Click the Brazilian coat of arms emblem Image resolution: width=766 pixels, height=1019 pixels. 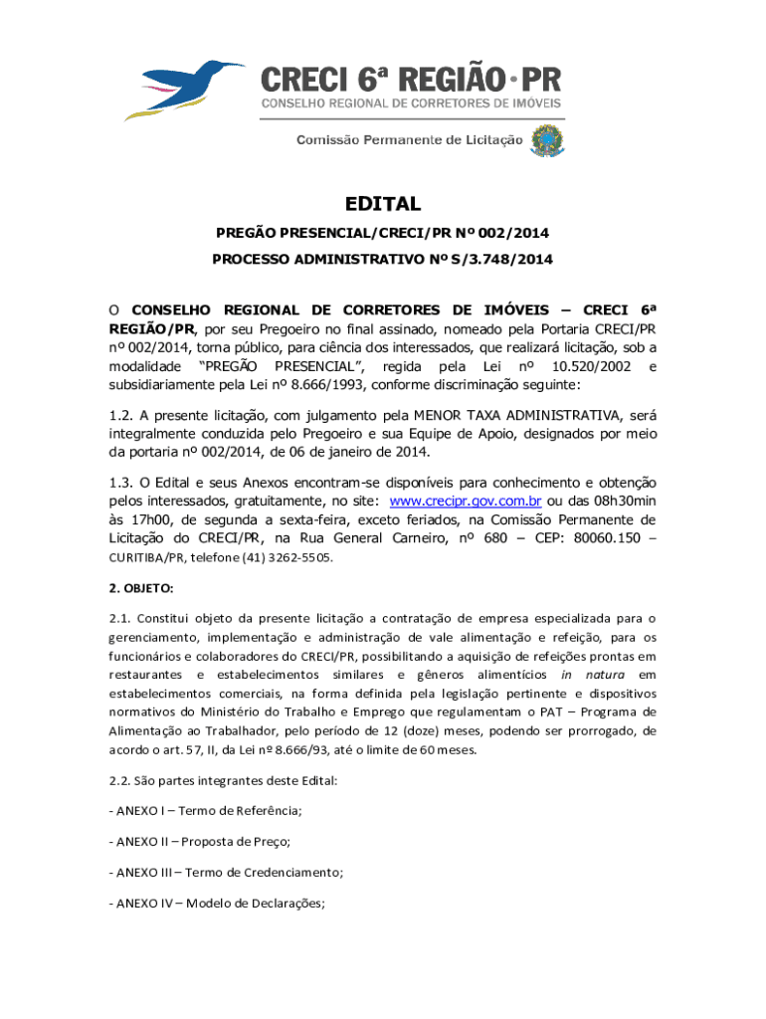pos(546,140)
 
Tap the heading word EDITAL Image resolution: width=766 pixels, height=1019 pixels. pos(383,204)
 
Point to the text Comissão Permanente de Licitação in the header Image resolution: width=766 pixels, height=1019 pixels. pos(409,140)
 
